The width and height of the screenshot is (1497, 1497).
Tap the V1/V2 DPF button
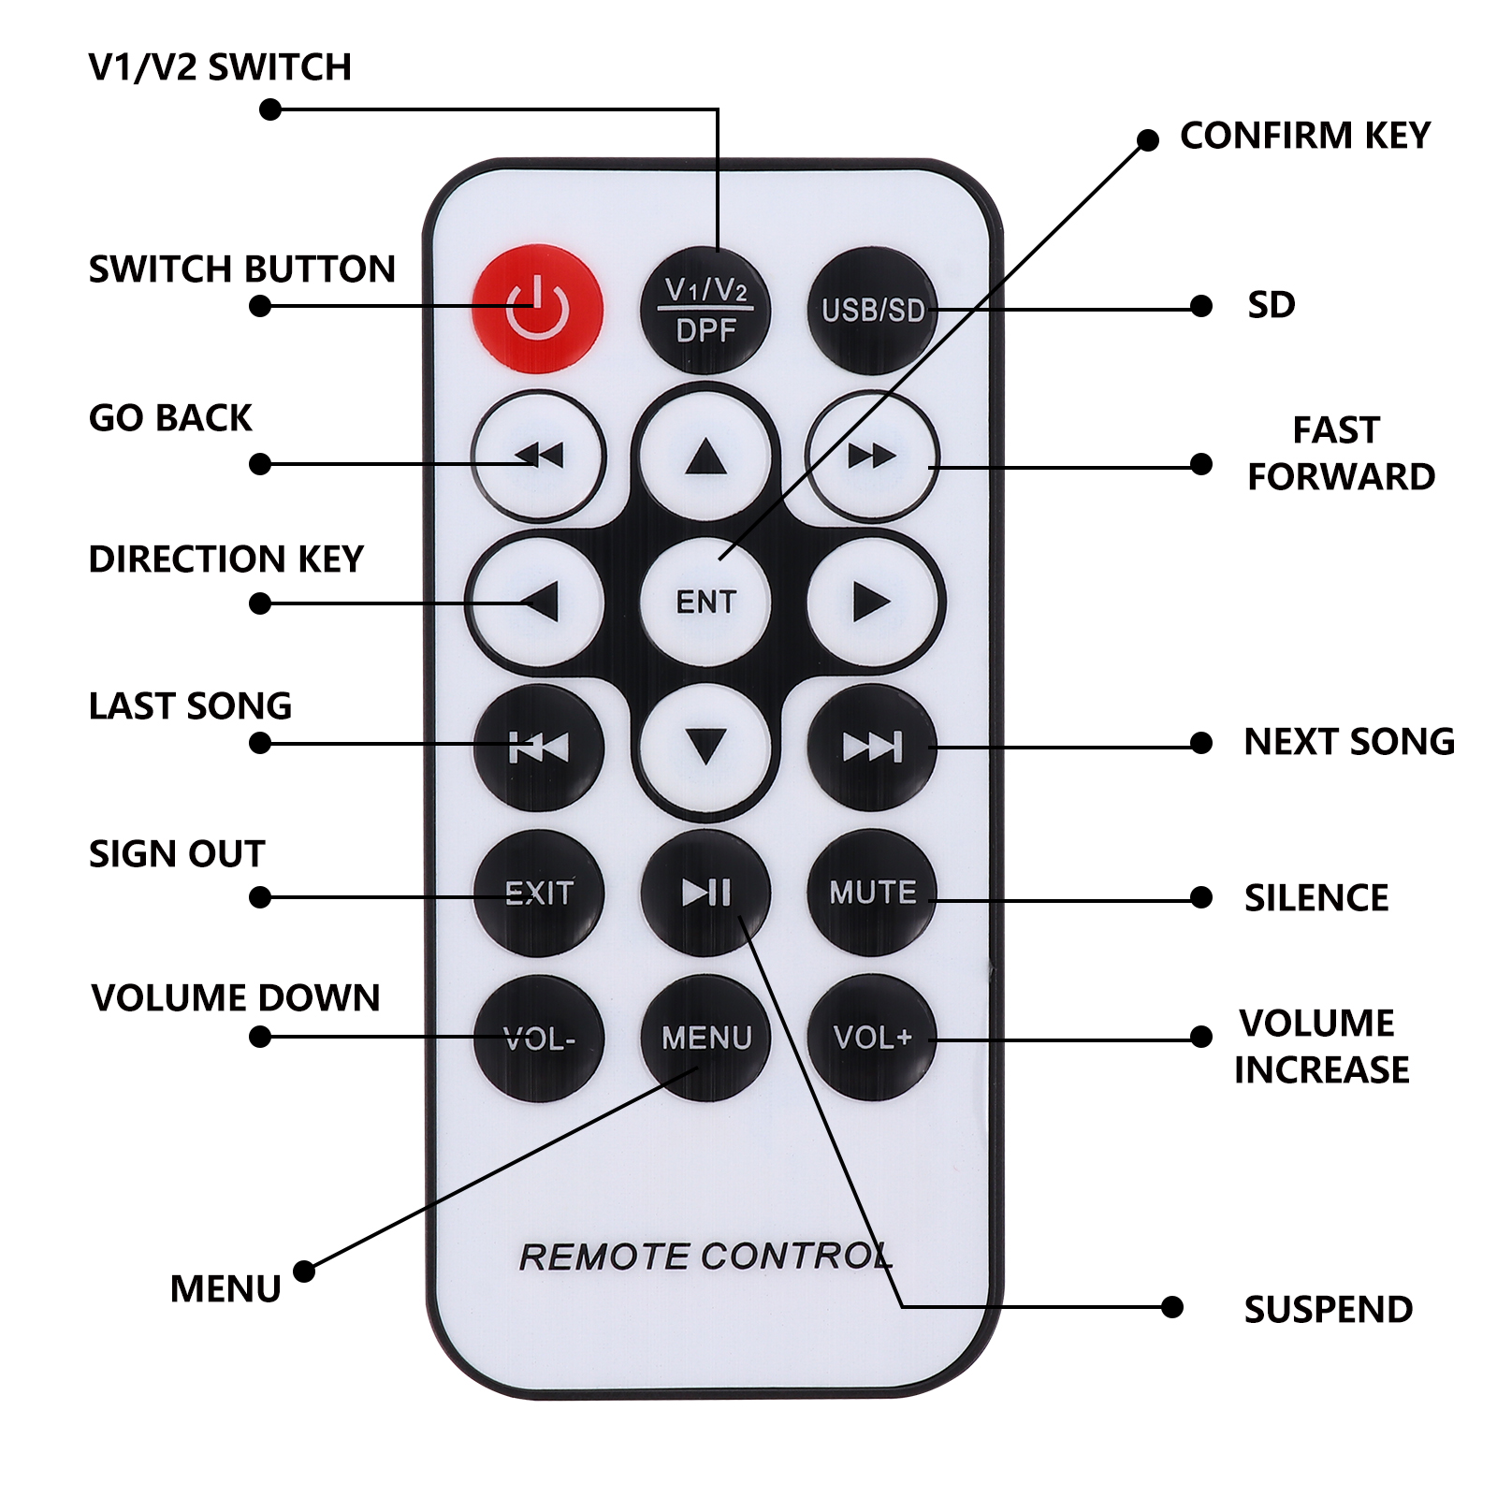tap(705, 311)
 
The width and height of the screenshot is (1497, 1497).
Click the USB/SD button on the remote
tap(872, 311)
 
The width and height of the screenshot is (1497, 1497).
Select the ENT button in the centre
tap(705, 602)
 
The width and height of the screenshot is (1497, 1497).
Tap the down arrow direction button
tap(705, 747)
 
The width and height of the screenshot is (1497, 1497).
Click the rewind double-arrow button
tap(539, 456)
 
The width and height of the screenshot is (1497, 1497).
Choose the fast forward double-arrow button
tap(872, 456)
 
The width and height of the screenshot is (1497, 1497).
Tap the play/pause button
tap(705, 893)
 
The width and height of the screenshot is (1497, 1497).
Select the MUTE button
tap(872, 893)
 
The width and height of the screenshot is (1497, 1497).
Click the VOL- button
tap(539, 1039)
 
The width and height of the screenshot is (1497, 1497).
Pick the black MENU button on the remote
tap(705, 1037)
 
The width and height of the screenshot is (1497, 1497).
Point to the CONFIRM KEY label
tap(1305, 136)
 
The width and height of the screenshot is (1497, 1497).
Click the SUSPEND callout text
tap(1329, 1309)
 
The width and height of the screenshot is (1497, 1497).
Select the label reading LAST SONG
tap(191, 705)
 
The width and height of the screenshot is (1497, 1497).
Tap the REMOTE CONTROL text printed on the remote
tap(705, 1257)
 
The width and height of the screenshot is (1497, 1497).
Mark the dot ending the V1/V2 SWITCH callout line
tap(270, 110)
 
